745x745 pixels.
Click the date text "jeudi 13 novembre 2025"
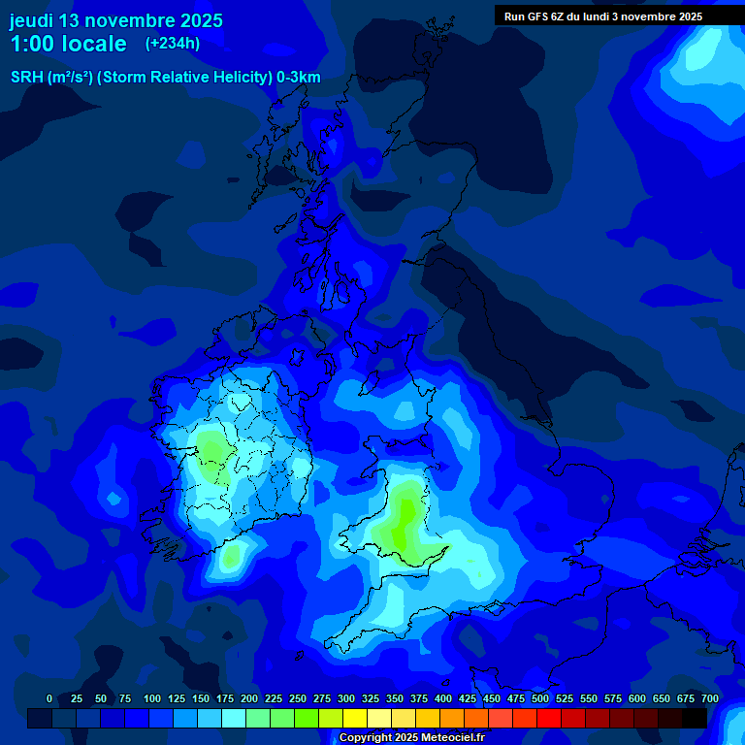coord(116,20)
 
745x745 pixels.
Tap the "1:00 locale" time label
coord(68,44)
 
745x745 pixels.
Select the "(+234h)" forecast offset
coord(173,43)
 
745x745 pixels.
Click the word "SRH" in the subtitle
coord(26,78)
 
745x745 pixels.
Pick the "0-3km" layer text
coord(299,78)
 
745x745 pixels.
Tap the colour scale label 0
coord(49,699)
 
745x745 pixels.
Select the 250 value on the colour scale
coord(298,699)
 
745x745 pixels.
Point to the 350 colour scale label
coord(395,699)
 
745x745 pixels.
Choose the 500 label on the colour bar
coord(540,699)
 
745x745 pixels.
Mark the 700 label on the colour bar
coord(710,699)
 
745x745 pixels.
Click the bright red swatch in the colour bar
coord(549,718)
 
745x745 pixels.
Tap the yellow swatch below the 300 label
coord(355,718)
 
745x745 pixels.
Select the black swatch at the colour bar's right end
coord(695,718)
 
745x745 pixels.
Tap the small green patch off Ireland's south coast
coord(231,557)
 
